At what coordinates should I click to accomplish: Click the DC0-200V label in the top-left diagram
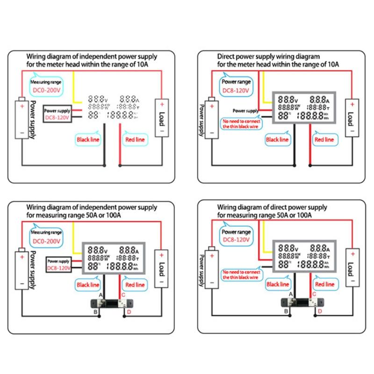pyautogui.click(x=49, y=88)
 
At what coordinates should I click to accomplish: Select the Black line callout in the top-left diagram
pyautogui.click(x=88, y=139)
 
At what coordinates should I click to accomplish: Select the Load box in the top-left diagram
pyautogui.click(x=162, y=117)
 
